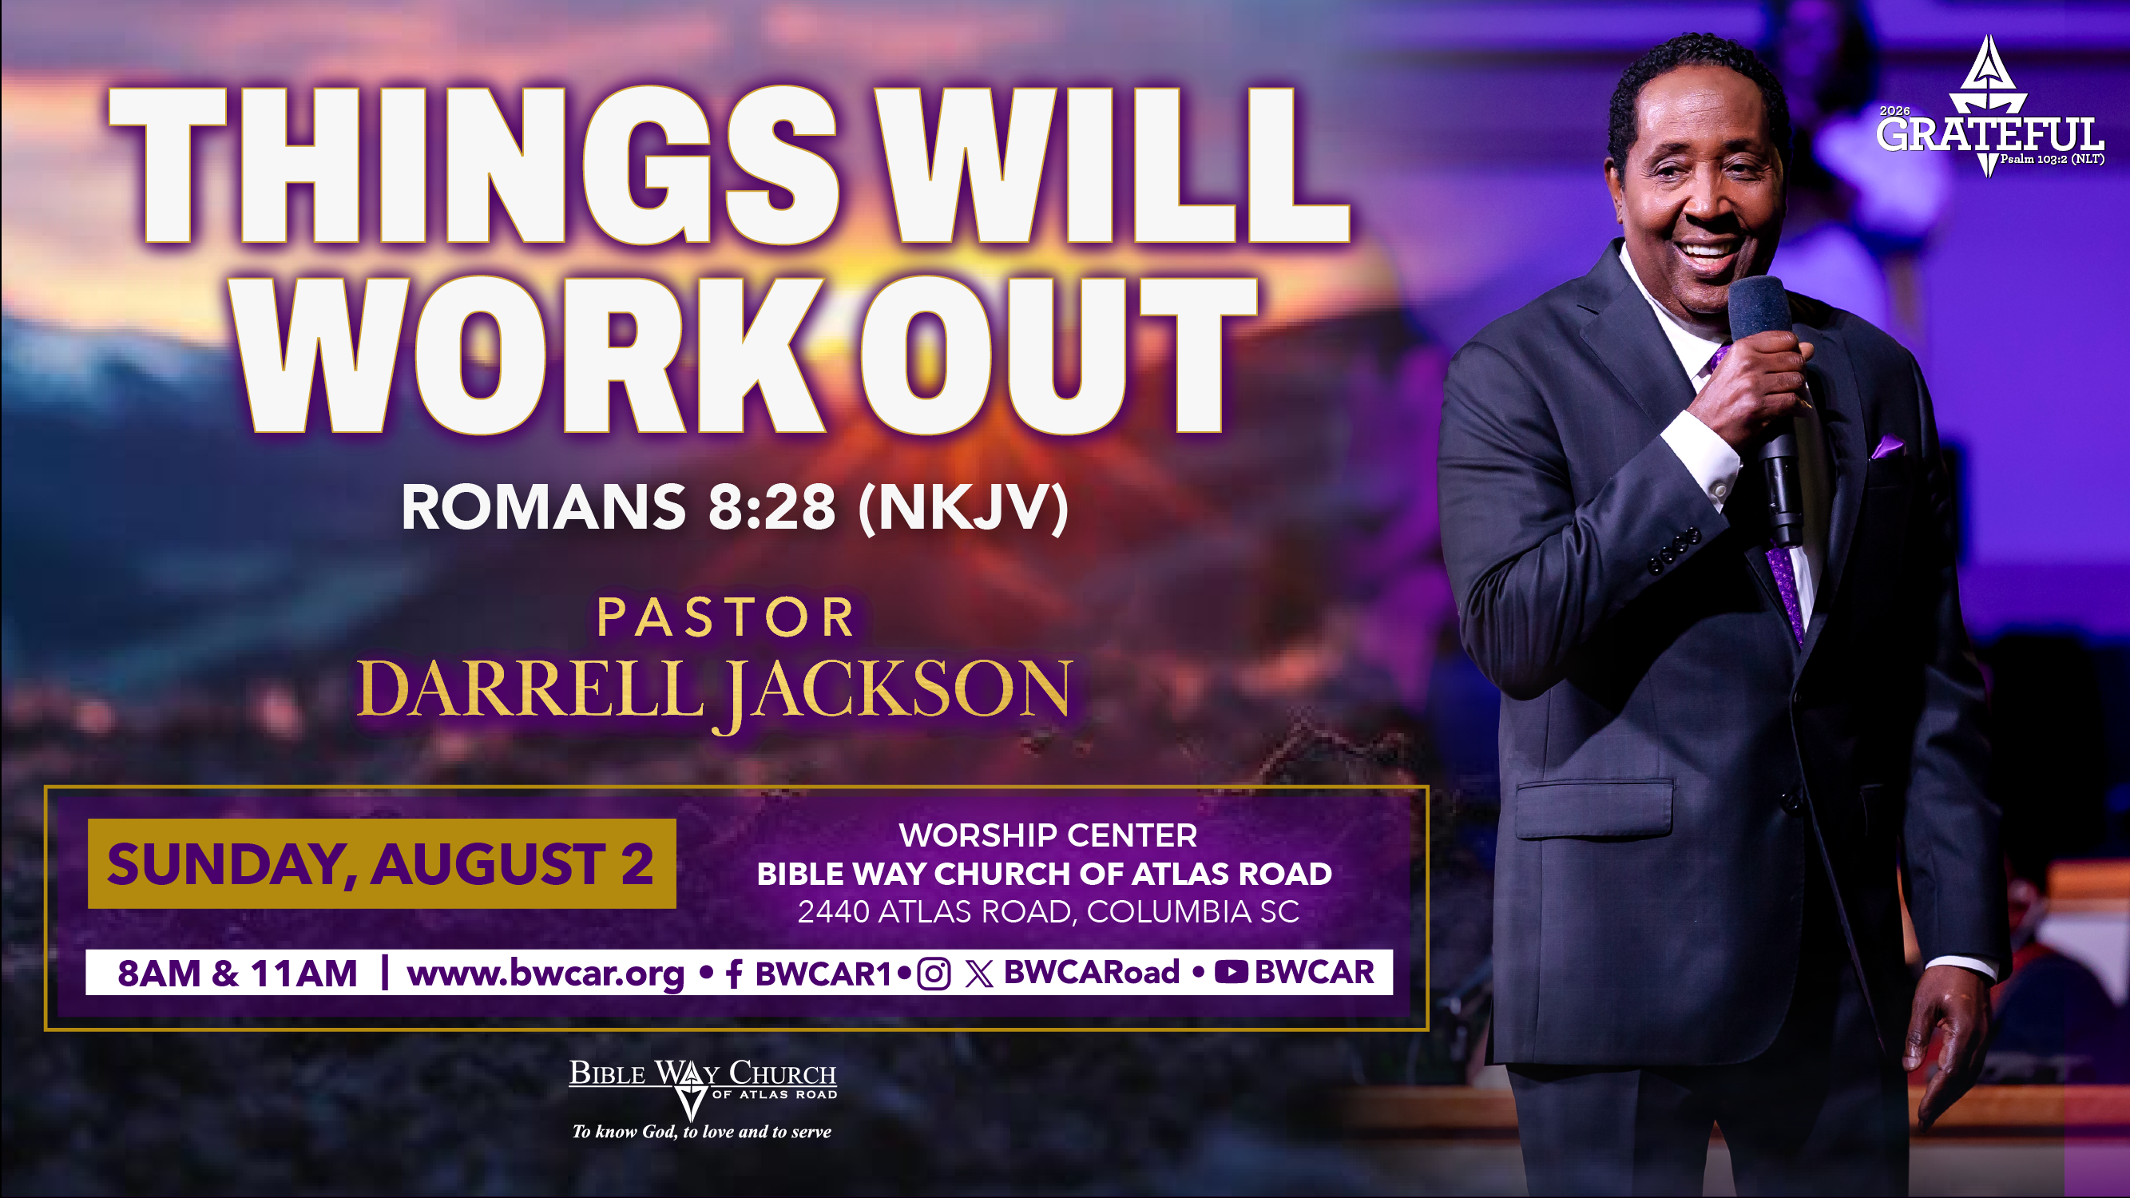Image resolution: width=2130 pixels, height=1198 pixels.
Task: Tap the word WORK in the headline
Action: tap(530, 355)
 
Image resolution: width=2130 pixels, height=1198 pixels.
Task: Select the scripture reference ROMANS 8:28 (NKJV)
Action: tap(735, 507)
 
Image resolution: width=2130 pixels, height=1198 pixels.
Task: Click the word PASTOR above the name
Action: tap(725, 617)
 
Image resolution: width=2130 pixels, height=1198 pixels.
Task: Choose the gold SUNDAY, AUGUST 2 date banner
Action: tap(381, 863)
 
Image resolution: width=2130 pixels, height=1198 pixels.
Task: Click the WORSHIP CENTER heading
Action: tap(1048, 835)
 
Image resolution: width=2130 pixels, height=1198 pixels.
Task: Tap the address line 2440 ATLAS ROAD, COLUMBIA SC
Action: tap(1048, 911)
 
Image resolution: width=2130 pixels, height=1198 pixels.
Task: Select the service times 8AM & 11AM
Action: tap(237, 973)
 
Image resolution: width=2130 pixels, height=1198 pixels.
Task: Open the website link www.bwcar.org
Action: tap(545, 974)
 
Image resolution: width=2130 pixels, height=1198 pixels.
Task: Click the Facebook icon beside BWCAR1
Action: tap(733, 974)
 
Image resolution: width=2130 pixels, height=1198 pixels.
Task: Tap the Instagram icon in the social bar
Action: tap(934, 974)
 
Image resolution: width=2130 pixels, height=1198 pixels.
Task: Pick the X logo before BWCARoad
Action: tap(979, 974)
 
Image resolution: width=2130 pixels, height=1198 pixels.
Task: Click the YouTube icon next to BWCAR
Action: tap(1232, 972)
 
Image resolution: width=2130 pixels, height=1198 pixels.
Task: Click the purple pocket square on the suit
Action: tap(1889, 446)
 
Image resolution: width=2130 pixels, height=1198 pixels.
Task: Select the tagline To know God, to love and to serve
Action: tap(702, 1132)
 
